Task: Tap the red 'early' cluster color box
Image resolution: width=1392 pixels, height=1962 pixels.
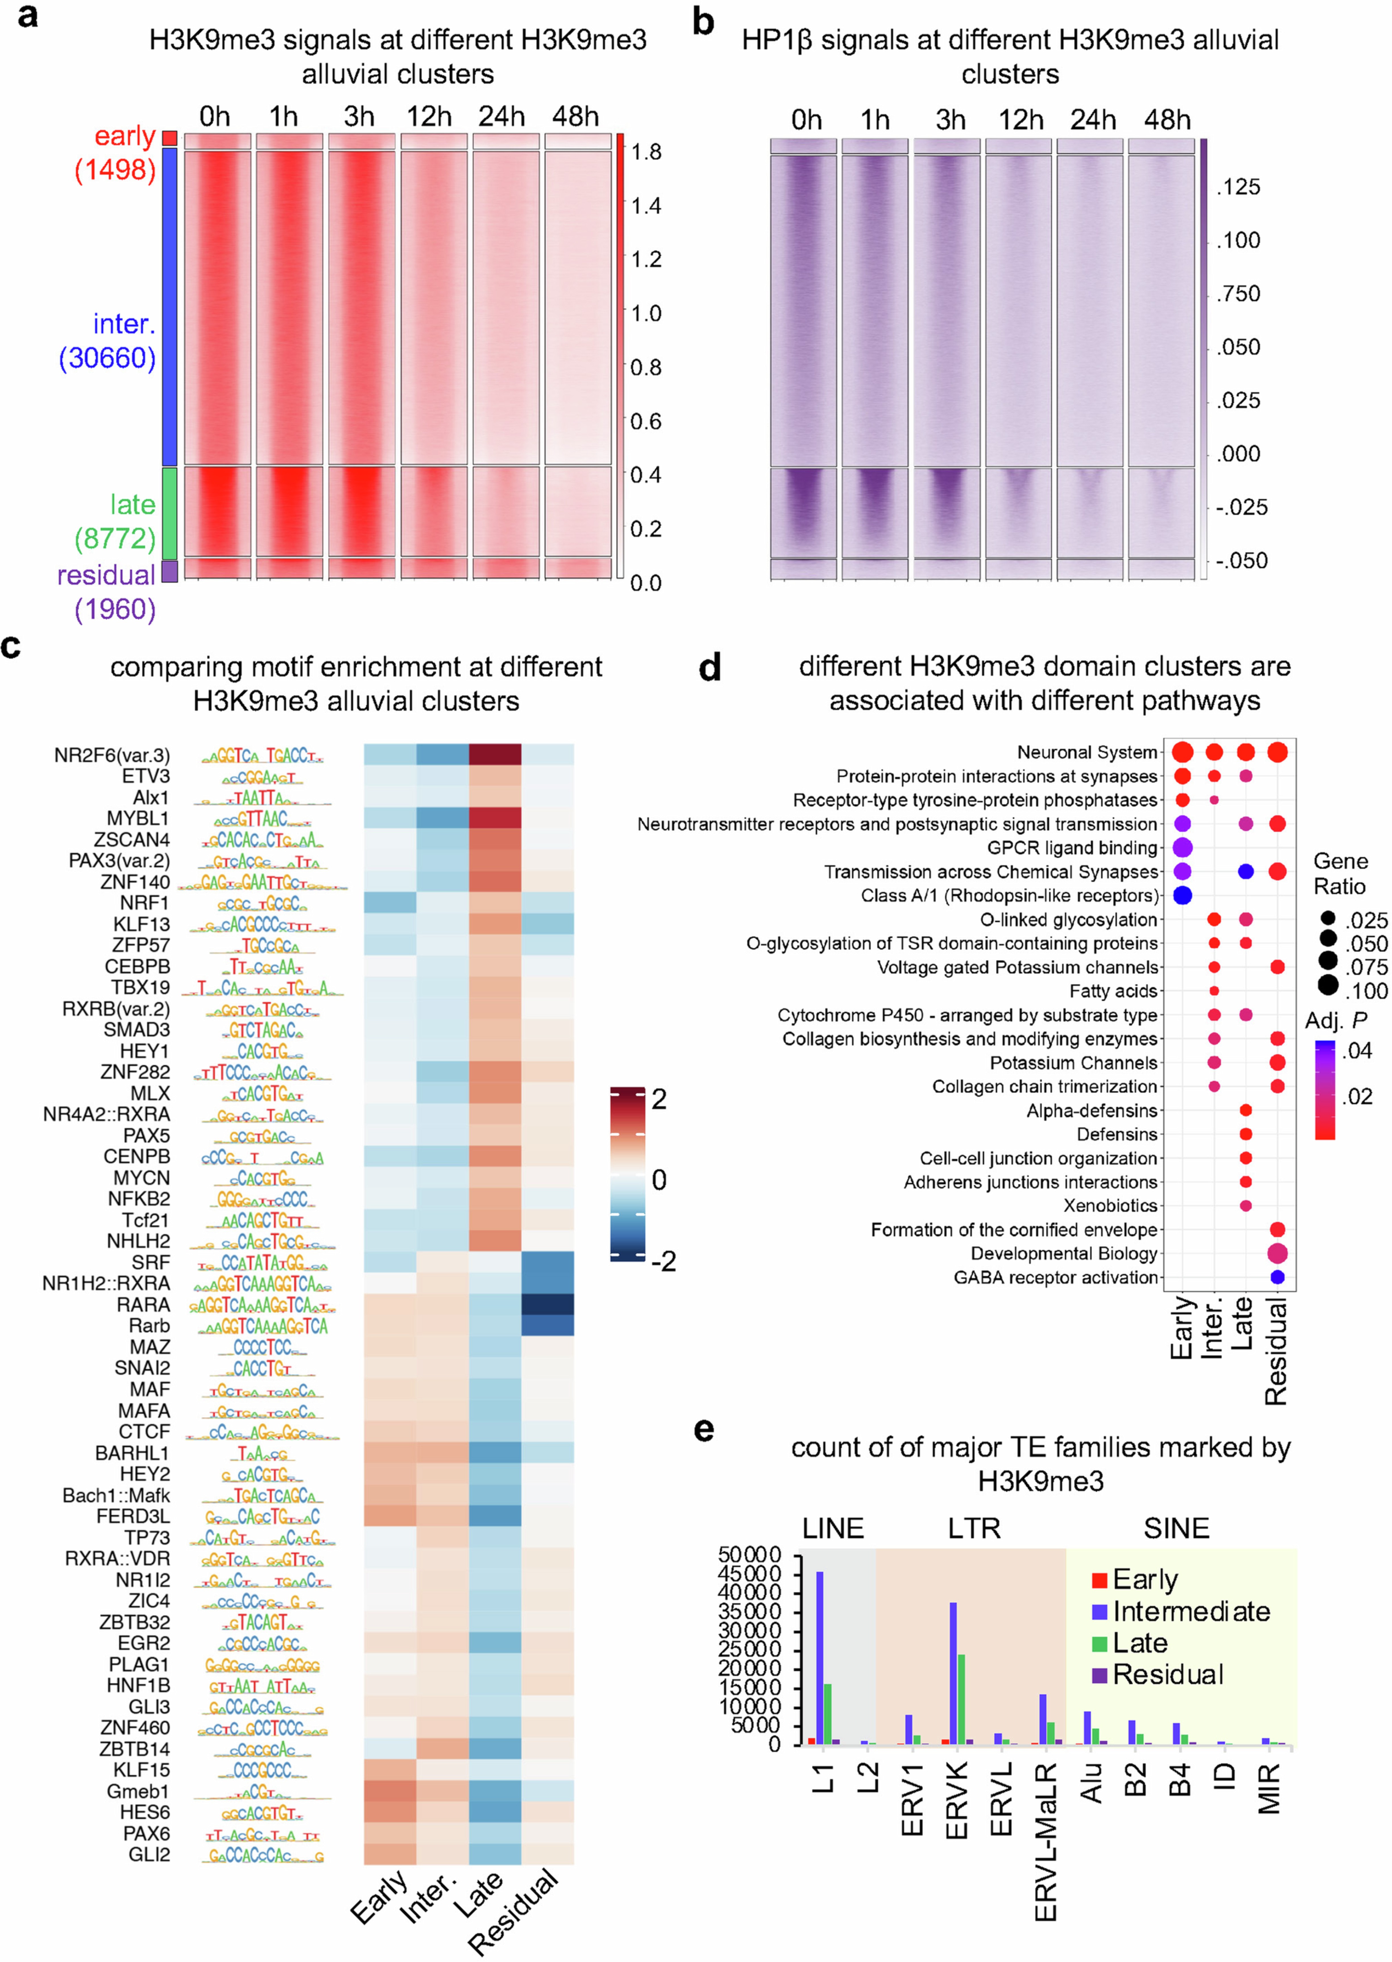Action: point(170,138)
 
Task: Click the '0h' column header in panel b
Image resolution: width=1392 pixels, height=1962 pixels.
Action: point(806,120)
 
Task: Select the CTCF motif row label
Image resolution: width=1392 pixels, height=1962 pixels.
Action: point(144,1431)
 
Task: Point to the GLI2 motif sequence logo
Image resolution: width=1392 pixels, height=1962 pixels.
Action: point(263,1855)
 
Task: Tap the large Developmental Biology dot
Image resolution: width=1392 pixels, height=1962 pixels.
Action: point(1277,1253)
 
